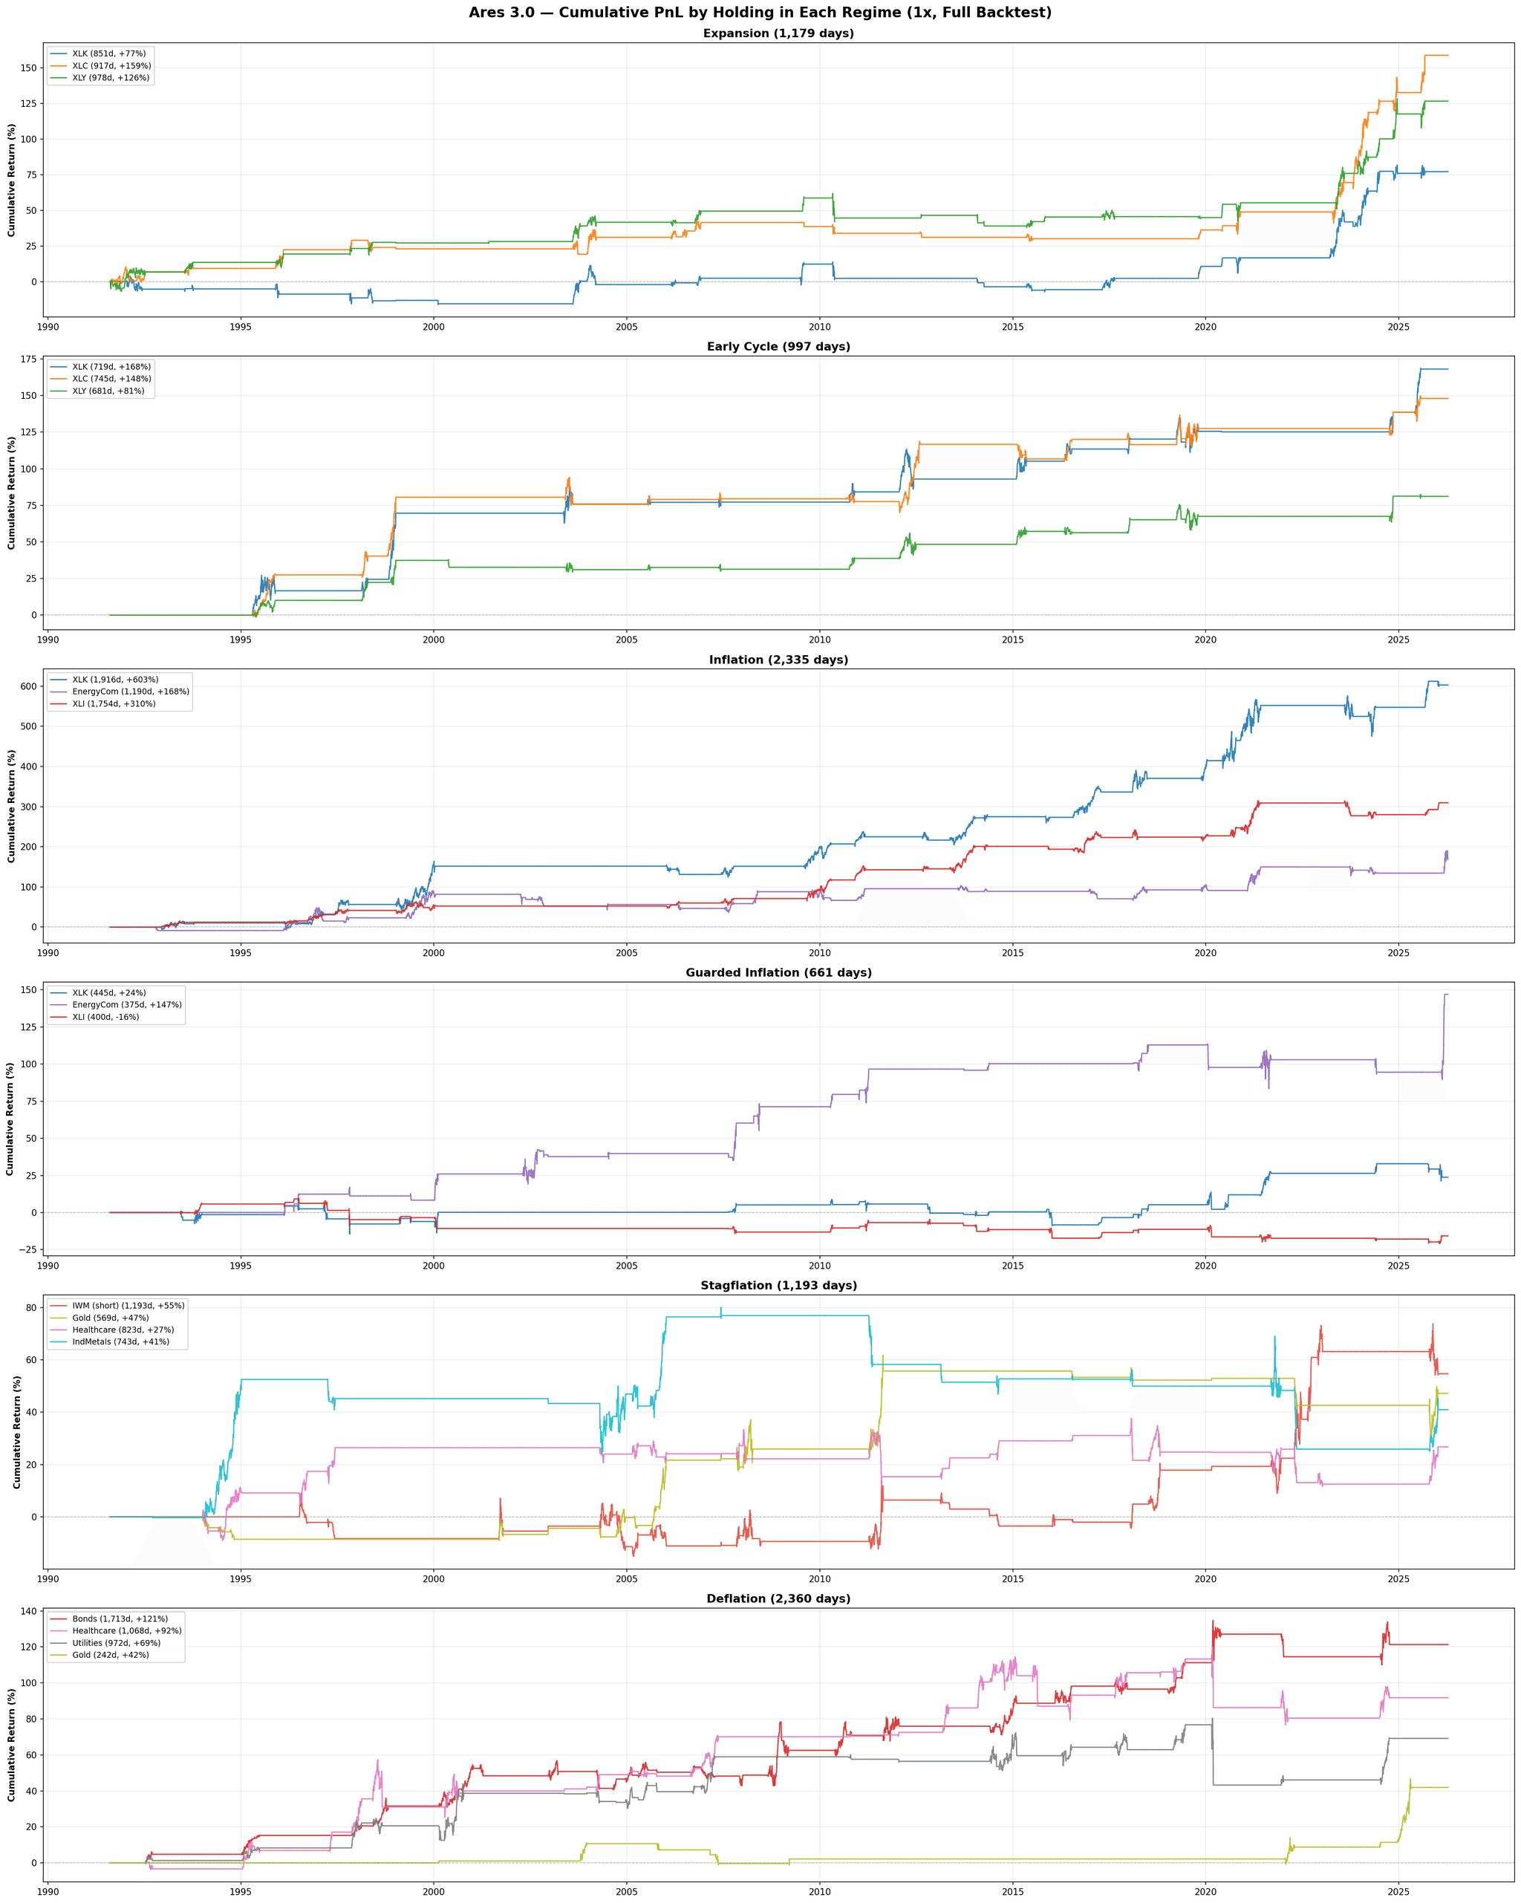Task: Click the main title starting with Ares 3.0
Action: coord(760,13)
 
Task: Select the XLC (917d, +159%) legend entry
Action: coord(111,66)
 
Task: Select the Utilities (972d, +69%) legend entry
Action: coord(116,1642)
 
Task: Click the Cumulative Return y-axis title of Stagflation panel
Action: coord(18,1431)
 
